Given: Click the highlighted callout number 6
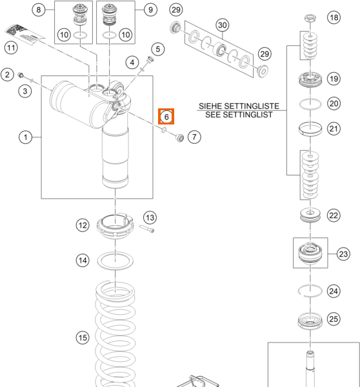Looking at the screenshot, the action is point(166,117).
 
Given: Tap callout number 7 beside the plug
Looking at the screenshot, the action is point(194,137).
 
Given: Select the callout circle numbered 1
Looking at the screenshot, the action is point(25,137).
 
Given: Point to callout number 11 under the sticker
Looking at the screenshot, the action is point(11,47).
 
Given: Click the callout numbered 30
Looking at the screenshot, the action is point(222,25).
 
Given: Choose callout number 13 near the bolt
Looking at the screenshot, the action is point(150,217).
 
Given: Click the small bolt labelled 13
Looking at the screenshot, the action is point(147,228).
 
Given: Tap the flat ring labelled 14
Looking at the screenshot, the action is point(115,261).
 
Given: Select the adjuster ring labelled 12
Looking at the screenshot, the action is point(115,226).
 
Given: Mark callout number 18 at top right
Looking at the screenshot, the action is point(334,17).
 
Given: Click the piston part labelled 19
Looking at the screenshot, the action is point(310,79).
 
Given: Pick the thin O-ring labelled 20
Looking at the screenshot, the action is point(310,104).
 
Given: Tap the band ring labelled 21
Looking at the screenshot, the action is point(310,129).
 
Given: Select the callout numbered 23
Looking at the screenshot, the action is point(343,253).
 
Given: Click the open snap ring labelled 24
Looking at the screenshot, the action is point(310,291).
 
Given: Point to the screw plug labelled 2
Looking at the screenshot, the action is point(21,75).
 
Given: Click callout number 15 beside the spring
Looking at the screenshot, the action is point(83,337).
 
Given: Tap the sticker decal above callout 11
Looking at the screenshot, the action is point(25,34).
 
